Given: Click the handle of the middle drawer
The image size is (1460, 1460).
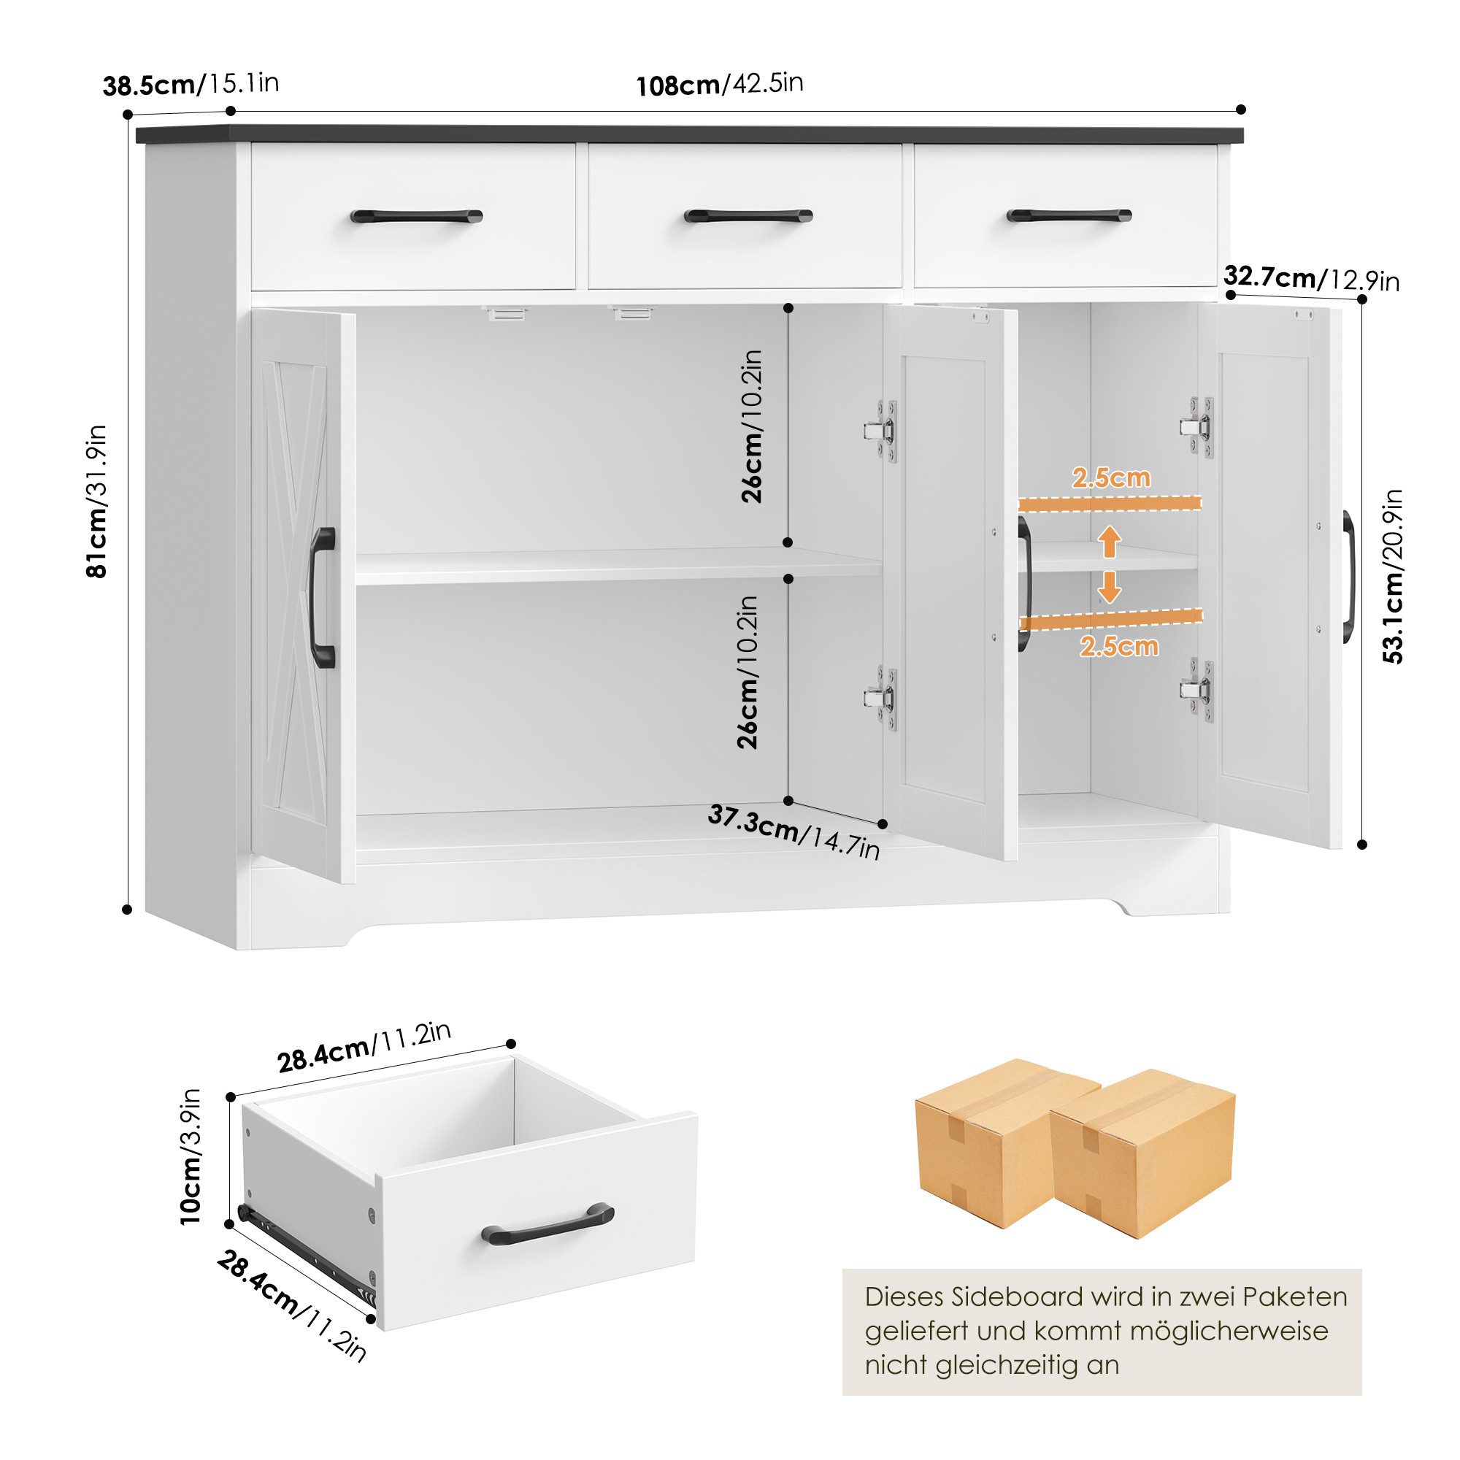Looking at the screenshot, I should tap(748, 216).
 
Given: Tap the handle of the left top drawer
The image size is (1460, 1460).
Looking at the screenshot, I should tap(415, 216).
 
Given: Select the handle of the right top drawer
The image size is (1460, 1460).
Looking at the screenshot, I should tap(1069, 215).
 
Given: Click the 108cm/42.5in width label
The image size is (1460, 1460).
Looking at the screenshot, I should tap(720, 84).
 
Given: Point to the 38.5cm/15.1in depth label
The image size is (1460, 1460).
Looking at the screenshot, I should tap(191, 84).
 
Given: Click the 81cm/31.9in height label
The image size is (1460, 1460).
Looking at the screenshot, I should tap(98, 501).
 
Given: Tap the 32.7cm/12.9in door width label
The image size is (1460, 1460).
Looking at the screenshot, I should tap(1311, 279).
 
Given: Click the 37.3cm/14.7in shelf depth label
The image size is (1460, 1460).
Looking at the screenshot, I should tap(794, 831).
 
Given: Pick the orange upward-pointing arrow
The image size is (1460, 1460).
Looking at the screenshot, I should tap(1109, 541).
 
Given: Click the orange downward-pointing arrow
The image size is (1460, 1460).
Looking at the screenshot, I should tap(1109, 587).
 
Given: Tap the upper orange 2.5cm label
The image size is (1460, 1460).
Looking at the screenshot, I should tap(1111, 477).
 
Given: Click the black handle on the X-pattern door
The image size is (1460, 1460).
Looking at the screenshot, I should tap(323, 598).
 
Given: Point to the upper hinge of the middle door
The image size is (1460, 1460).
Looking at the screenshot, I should tap(882, 431).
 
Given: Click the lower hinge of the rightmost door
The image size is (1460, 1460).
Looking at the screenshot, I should tap(1198, 689).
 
